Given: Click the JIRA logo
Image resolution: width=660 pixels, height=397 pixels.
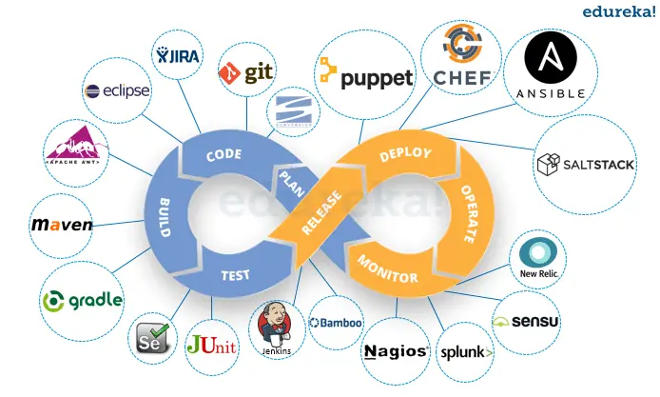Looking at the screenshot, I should click(x=179, y=56).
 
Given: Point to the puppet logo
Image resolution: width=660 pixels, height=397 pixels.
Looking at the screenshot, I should click(x=366, y=76).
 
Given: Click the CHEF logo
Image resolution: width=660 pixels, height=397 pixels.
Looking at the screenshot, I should click(x=461, y=55).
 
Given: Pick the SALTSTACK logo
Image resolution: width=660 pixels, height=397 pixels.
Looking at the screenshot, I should click(x=586, y=165).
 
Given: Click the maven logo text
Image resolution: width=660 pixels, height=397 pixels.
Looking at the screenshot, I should click(x=63, y=225).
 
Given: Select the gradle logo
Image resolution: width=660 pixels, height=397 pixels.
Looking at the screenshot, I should click(x=83, y=300).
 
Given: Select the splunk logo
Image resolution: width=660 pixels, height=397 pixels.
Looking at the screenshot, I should click(x=466, y=352).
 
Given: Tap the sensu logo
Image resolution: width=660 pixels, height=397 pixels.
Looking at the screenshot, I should click(x=527, y=322).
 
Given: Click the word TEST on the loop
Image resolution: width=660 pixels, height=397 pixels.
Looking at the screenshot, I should click(x=236, y=275).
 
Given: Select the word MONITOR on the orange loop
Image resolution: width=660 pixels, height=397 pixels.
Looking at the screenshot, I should click(x=388, y=268).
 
